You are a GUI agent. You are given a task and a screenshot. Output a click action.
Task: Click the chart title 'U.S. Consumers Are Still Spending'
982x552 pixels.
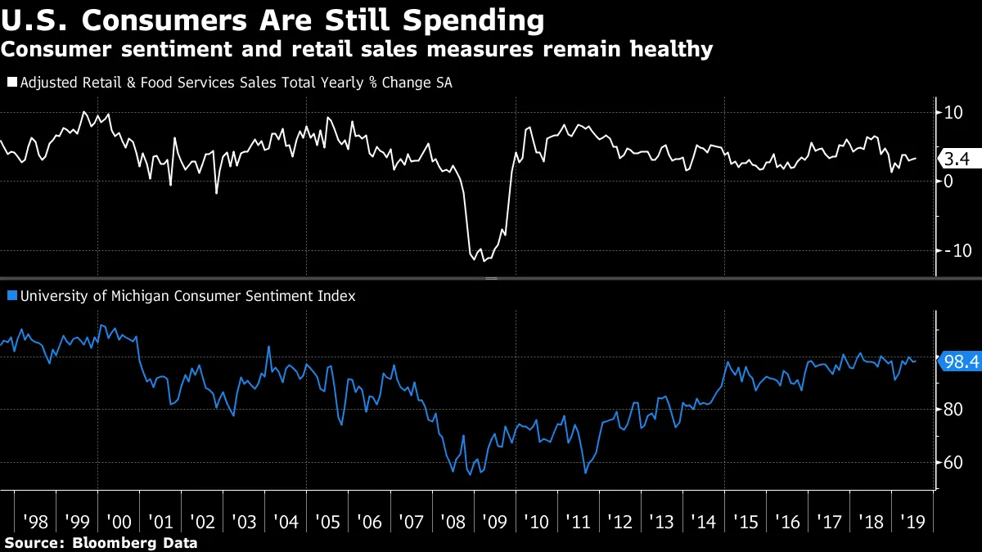coord(273,20)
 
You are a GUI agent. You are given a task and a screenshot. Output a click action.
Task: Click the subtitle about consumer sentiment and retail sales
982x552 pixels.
coord(356,49)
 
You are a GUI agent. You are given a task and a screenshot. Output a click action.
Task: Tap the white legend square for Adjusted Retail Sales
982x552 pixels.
coord(11,83)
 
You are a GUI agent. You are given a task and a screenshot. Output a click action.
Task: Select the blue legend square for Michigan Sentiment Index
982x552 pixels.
coord(11,296)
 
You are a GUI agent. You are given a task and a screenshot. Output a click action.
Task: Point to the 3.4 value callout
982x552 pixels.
coord(956,159)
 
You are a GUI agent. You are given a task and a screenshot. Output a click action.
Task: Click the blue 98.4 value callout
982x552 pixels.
coord(958,361)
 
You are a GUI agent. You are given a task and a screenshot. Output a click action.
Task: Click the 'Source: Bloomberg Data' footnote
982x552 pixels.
coord(101,542)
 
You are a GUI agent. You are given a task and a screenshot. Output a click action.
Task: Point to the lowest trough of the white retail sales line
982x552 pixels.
coord(484,261)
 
